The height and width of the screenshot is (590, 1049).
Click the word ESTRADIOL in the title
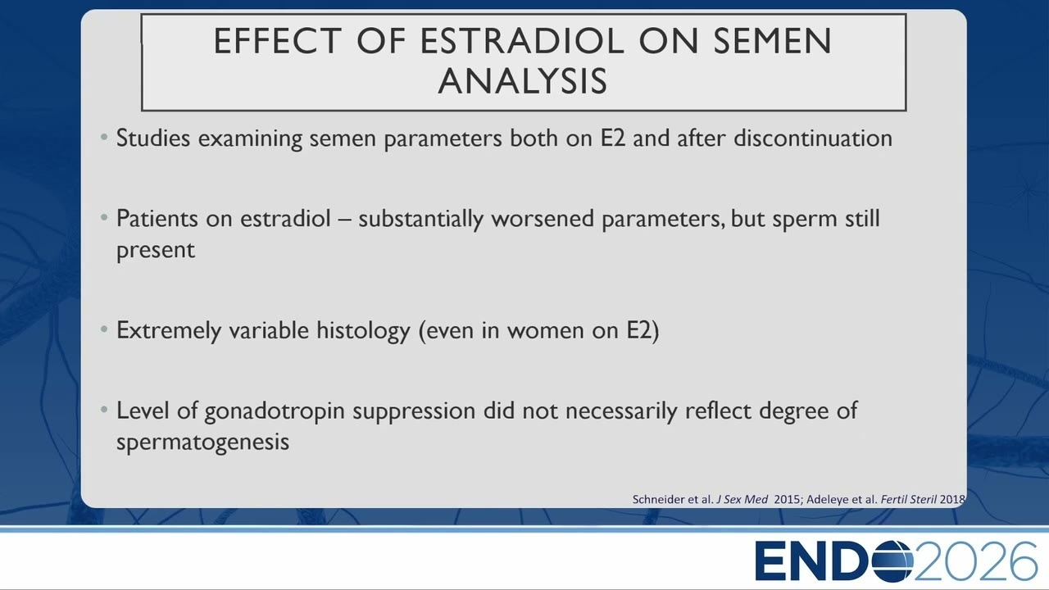tap(522, 41)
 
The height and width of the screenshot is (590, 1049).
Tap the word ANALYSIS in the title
tap(523, 81)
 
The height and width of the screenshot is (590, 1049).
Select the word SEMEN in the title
tap(773, 41)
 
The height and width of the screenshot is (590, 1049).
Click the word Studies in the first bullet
tap(153, 138)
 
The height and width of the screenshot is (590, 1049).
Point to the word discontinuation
tap(813, 138)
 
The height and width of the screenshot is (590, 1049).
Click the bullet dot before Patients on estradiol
tap(104, 217)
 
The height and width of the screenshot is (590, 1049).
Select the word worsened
tap(543, 218)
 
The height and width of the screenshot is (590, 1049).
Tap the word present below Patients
tap(156, 251)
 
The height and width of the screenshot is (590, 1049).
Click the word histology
tap(363, 330)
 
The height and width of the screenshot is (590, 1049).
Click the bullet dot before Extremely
tap(104, 329)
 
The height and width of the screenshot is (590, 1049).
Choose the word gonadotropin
tap(275, 411)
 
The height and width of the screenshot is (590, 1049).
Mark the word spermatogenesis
tap(202, 442)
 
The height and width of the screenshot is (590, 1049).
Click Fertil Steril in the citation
tap(909, 499)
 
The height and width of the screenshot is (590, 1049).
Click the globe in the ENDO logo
tap(892, 560)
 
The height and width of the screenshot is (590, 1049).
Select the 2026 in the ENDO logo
tap(976, 561)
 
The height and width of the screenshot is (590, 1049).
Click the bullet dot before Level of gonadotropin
tap(104, 410)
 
